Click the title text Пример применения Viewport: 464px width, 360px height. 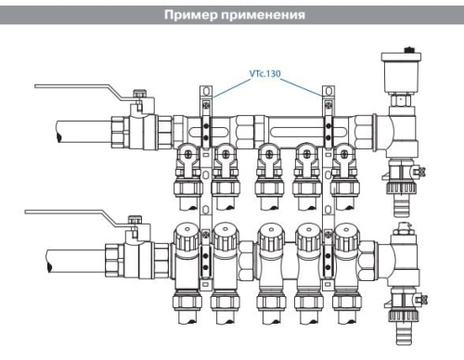tap(232, 15)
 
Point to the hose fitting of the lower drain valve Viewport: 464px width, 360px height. tap(408, 320)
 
